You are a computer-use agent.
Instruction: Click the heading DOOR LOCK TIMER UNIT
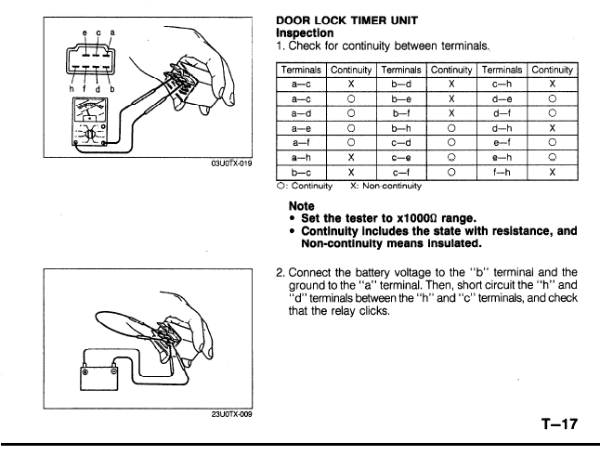346,20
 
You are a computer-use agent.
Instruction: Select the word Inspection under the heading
305,32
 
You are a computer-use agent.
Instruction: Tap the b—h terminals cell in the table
401,128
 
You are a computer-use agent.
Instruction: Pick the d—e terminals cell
502,99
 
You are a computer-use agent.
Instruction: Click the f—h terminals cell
502,172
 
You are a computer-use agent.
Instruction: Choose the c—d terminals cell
401,143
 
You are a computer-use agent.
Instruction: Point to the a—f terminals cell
301,143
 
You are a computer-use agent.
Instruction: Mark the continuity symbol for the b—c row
351,172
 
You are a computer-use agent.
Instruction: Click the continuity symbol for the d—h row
553,128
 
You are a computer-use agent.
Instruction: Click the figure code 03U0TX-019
232,163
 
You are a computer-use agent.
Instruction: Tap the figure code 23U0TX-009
232,414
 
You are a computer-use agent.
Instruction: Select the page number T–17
559,424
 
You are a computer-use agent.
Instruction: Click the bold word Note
302,206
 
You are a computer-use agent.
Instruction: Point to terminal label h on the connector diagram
72,89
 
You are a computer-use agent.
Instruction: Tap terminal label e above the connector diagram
85,32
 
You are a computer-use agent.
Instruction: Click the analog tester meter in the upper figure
90,122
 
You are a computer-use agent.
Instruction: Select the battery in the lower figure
99,379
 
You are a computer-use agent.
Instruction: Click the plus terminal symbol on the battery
85,372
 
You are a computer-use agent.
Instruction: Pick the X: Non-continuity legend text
385,186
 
